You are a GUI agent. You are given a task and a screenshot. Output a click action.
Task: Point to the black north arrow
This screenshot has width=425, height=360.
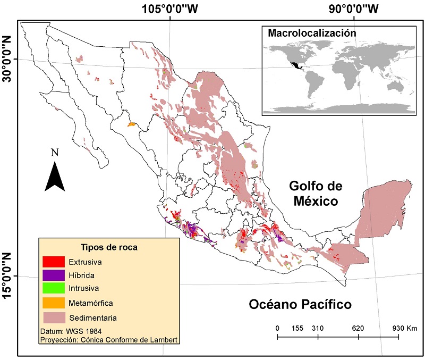(55, 176)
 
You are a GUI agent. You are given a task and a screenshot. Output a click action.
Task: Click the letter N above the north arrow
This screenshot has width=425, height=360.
(55, 153)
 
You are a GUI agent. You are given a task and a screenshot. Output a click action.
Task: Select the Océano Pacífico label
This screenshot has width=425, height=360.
(300, 305)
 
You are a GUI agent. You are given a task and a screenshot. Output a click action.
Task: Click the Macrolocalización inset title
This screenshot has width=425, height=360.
(311, 33)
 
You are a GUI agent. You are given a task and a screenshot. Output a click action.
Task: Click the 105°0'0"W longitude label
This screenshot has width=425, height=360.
(170, 9)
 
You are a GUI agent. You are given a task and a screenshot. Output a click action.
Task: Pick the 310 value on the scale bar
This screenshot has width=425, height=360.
(318, 328)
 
